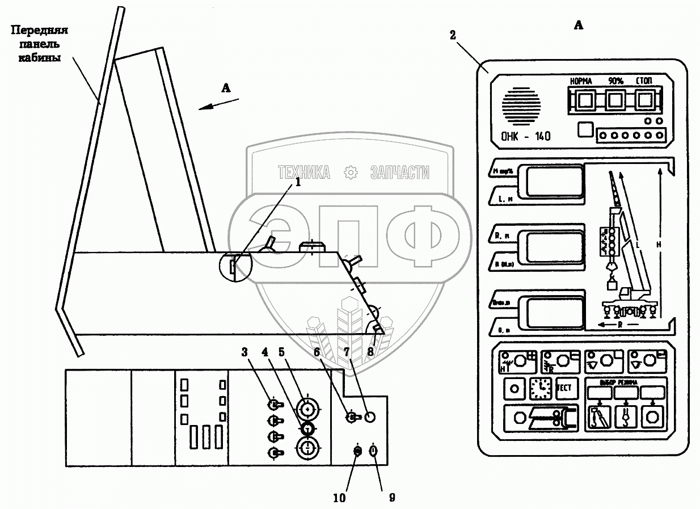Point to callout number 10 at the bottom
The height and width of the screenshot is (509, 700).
339,498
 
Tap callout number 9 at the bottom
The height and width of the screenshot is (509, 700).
391,498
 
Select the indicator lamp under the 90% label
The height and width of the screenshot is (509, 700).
615,101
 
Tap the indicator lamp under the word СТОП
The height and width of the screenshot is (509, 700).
644,101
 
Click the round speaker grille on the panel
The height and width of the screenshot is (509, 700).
521,107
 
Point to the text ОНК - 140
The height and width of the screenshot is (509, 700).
526,136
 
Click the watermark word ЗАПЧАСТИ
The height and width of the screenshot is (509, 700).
399,173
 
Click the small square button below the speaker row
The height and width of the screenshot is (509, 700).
584,130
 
